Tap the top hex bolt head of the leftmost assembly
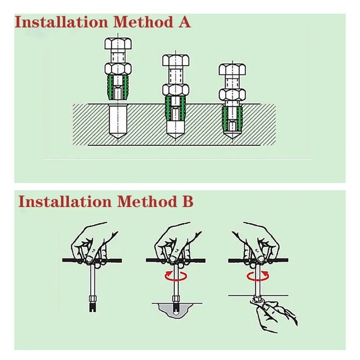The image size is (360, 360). [118, 43]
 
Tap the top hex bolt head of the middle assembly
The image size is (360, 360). [175, 60]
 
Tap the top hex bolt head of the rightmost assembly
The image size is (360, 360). [232, 69]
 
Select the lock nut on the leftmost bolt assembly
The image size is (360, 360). [118, 69]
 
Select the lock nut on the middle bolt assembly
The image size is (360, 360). [175, 90]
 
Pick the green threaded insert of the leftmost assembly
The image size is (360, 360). [118, 88]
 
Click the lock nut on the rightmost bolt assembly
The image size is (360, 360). [232, 95]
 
